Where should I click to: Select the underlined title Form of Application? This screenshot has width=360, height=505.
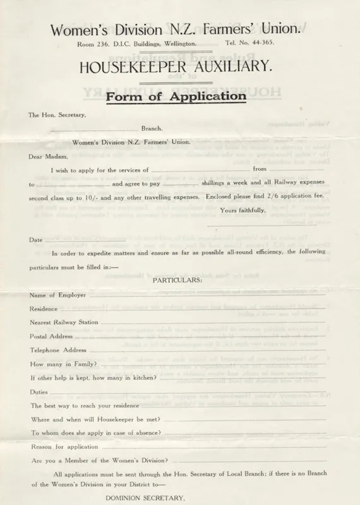click(176, 97)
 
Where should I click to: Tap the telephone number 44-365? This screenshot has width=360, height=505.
click(245, 44)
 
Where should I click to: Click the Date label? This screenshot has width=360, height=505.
click(35, 239)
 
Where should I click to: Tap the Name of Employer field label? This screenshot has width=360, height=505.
click(57, 295)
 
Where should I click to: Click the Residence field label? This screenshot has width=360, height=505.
click(44, 309)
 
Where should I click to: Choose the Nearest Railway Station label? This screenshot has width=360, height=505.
click(64, 322)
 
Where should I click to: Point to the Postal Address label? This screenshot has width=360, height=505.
click(51, 336)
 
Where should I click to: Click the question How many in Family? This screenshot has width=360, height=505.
click(63, 364)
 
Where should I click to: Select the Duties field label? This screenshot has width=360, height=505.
click(39, 391)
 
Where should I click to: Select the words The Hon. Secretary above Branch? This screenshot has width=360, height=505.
click(55, 115)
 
